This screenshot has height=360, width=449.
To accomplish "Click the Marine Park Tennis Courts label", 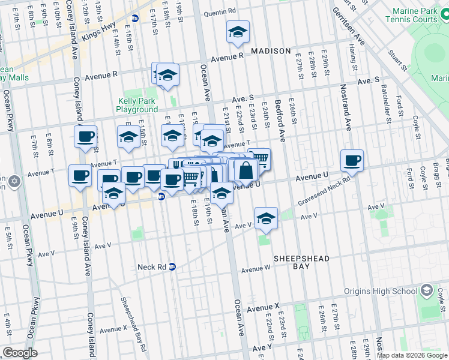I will [415, 16].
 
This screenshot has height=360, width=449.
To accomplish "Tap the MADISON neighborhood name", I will [271, 51].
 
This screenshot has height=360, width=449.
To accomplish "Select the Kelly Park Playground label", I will [137, 105].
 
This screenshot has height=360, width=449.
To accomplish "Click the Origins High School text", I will [381, 292].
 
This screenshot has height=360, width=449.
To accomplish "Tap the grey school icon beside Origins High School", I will [426, 291].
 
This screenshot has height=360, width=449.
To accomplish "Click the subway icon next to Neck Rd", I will [172, 267].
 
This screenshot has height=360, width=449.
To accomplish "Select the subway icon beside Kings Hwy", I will [136, 18].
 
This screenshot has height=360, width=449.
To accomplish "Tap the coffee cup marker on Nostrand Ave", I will [352, 161].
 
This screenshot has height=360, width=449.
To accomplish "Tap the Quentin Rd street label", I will [219, 11].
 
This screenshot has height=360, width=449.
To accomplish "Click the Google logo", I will [19, 353].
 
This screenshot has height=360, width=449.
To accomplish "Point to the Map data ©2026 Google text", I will [412, 355].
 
